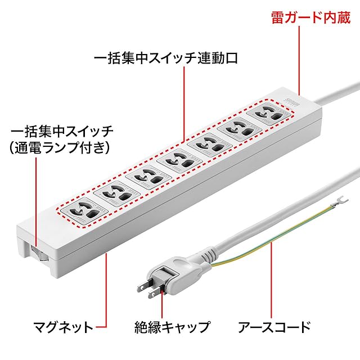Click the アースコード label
[274, 326]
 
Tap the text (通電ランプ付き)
[61, 148]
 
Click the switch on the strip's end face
[35, 252]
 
